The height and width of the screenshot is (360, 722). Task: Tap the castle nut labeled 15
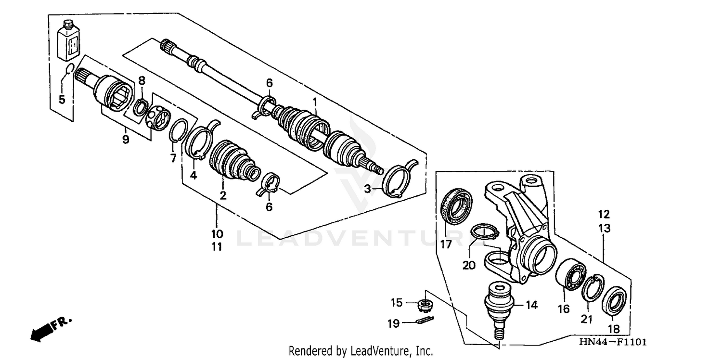click(x=425, y=304)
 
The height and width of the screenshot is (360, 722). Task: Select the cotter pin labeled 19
click(x=425, y=321)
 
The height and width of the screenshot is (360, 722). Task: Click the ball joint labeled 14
click(x=498, y=306)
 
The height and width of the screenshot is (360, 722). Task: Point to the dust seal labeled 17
click(x=457, y=206)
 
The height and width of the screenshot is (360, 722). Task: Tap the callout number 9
click(x=125, y=140)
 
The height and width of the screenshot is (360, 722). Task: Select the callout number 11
click(x=217, y=246)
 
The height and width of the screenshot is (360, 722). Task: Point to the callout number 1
click(x=315, y=102)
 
